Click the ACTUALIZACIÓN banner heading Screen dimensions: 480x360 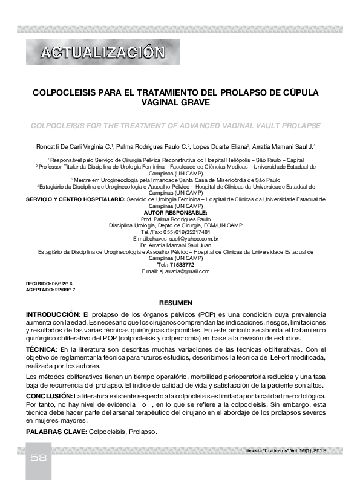102,53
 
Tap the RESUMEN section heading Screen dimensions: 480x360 175,302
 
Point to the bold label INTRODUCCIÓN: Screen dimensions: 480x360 53,315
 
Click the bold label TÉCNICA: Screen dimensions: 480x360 41,350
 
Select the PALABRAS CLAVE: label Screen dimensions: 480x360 56,432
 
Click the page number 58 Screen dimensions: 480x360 39,458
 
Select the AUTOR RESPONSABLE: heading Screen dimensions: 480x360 175,212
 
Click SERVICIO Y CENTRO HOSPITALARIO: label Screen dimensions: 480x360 73,199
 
